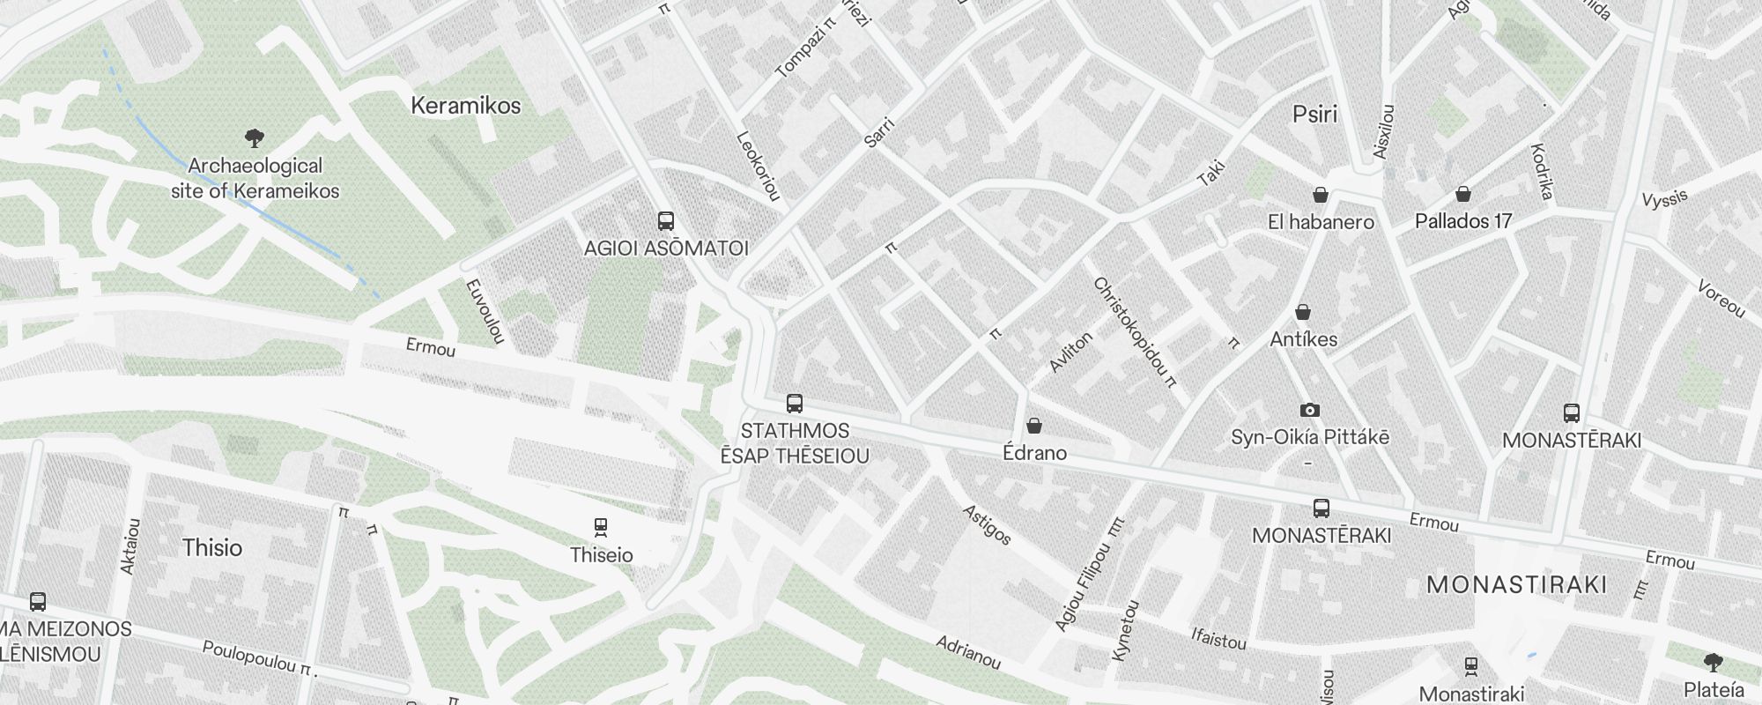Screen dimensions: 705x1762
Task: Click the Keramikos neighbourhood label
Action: pyautogui.click(x=466, y=106)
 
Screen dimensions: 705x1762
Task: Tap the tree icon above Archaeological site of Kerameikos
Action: pyautogui.click(x=255, y=137)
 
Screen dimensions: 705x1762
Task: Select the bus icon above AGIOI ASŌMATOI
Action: pyautogui.click(x=666, y=220)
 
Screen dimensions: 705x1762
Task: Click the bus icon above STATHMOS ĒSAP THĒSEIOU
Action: pyautogui.click(x=795, y=404)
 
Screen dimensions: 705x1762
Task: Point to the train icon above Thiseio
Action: pyautogui.click(x=601, y=527)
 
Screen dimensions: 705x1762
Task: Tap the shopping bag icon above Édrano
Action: pyautogui.click(x=1034, y=427)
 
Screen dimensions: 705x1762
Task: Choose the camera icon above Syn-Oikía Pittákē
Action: pyautogui.click(x=1310, y=410)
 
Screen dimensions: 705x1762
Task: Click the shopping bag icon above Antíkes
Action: pyautogui.click(x=1303, y=312)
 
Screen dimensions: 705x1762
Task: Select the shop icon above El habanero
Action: pyautogui.click(x=1321, y=194)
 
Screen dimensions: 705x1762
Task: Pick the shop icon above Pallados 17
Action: pyautogui.click(x=1463, y=194)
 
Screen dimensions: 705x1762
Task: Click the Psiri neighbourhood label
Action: pyautogui.click(x=1315, y=114)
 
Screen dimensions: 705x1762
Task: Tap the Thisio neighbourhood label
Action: pyautogui.click(x=212, y=547)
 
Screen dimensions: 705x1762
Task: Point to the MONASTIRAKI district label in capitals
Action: pyautogui.click(x=1516, y=584)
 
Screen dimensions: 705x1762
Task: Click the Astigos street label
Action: pyautogui.click(x=987, y=524)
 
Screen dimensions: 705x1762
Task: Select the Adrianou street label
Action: pyautogui.click(x=968, y=651)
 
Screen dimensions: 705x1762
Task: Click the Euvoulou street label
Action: pyautogui.click(x=484, y=311)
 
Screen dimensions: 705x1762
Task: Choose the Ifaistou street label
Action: pyautogui.click(x=1218, y=638)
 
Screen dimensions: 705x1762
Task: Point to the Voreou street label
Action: pyautogui.click(x=1721, y=299)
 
